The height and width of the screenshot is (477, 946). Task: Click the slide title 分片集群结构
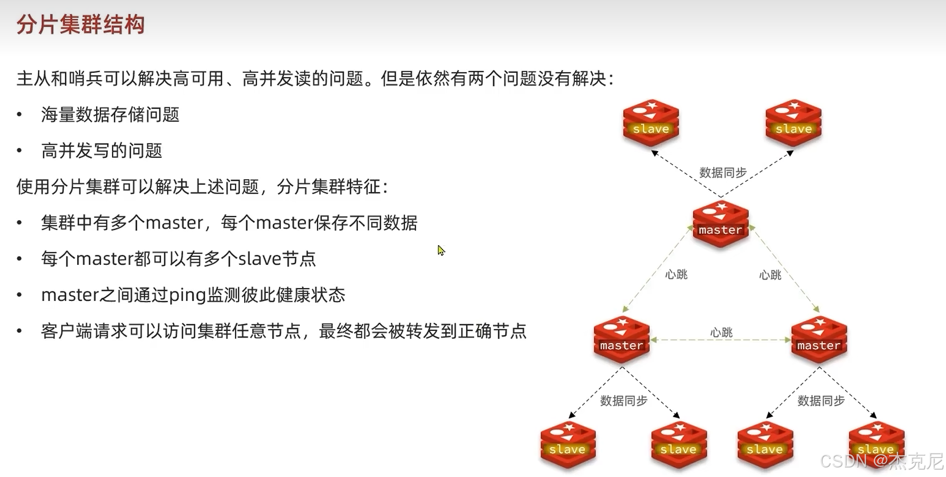point(80,24)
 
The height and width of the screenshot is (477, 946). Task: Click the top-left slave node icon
point(651,123)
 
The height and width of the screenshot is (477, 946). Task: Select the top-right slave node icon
point(793,123)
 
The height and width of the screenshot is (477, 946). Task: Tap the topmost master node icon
point(721,224)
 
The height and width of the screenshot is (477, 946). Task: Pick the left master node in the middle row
point(622,340)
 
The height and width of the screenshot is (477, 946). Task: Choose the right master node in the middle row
point(819,340)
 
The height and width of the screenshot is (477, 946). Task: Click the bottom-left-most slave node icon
point(568,445)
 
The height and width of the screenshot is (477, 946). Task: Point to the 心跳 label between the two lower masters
point(721,332)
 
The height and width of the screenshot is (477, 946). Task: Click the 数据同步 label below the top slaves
point(723,172)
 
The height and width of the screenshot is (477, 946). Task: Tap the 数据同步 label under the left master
point(624,400)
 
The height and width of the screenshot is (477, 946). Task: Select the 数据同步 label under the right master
point(821,400)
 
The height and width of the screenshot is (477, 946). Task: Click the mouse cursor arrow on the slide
point(441,250)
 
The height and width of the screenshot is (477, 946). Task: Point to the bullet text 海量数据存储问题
point(110,114)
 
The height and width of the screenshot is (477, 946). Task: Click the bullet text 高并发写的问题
point(102,150)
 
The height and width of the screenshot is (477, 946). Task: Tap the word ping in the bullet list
point(187,295)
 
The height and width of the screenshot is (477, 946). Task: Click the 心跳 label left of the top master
point(676,274)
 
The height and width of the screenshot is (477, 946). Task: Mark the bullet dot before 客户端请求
point(20,331)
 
